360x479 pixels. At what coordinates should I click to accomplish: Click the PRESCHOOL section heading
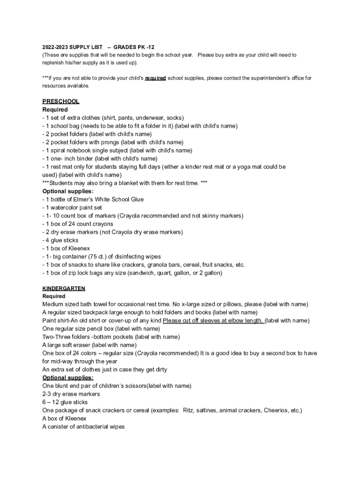pyautogui.click(x=61, y=101)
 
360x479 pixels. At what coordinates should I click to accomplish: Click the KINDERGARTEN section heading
pyautogui.click(x=64, y=288)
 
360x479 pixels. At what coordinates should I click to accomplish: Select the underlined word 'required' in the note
pyautogui.click(x=155, y=78)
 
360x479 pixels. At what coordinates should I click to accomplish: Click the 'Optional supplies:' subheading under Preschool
pyautogui.click(x=68, y=191)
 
